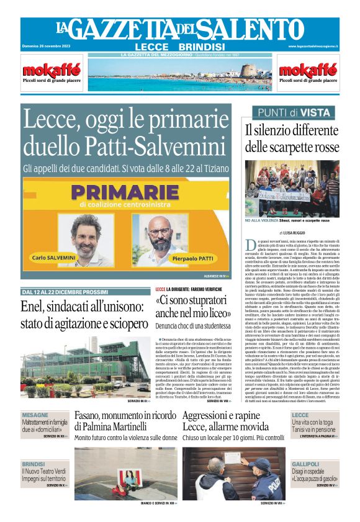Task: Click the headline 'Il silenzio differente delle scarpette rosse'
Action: pyautogui.click(x=291, y=138)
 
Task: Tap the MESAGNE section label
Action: pyautogui.click(x=35, y=415)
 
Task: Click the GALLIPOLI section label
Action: pyautogui.click(x=305, y=464)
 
